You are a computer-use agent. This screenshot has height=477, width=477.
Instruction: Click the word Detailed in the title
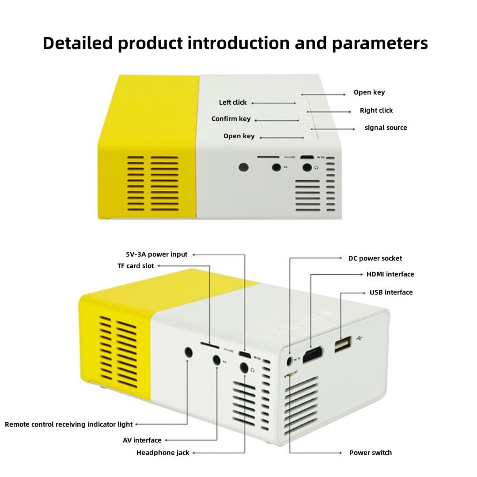click(x=78, y=43)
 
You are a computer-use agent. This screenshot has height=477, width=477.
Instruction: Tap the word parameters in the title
click(x=380, y=43)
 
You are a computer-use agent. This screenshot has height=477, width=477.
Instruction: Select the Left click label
click(x=233, y=102)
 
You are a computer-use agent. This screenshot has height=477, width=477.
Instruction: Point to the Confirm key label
click(x=231, y=119)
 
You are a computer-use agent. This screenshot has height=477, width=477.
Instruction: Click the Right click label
click(x=376, y=110)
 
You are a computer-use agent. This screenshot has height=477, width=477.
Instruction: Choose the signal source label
click(x=386, y=128)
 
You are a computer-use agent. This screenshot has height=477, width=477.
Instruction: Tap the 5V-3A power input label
click(x=157, y=254)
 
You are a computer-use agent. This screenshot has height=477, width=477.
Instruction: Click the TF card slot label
click(x=136, y=266)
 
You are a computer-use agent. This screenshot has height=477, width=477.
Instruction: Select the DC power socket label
click(x=375, y=258)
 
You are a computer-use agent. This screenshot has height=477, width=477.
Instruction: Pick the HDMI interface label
click(x=390, y=274)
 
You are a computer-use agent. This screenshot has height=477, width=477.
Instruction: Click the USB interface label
click(x=391, y=292)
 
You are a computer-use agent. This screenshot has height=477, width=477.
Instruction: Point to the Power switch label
click(x=370, y=453)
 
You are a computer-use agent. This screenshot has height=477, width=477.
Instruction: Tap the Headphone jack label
click(x=163, y=453)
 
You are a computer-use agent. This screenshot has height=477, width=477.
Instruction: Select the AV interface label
click(x=142, y=440)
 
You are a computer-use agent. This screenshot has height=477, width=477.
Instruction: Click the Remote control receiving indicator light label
click(x=68, y=424)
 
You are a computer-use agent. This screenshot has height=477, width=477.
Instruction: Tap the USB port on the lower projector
click(x=342, y=344)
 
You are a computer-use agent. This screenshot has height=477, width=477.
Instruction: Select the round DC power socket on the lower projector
click(x=290, y=361)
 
